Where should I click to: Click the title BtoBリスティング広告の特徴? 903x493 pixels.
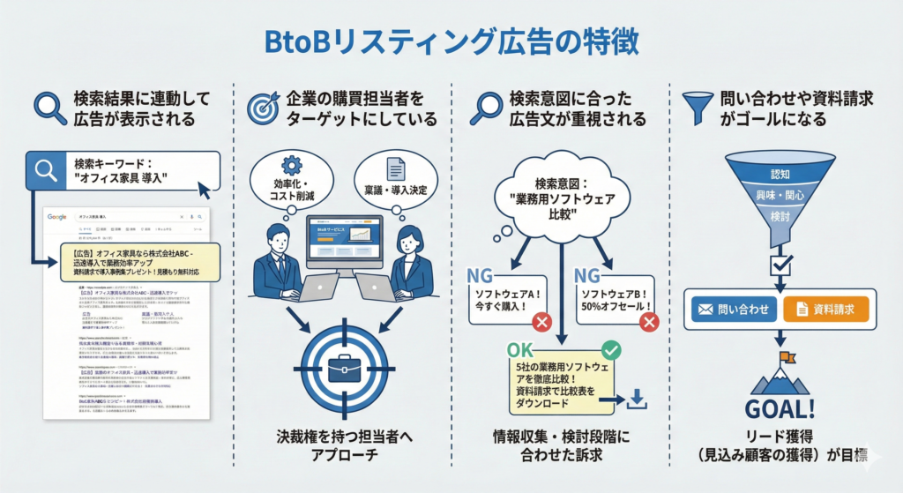(x=451, y=41)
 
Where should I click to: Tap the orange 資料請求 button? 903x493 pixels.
(x=825, y=309)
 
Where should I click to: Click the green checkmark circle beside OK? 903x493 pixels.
(x=609, y=350)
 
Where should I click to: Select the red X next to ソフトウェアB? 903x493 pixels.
(x=650, y=322)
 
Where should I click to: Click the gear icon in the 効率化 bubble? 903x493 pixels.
(x=292, y=165)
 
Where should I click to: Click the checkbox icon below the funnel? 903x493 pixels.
(x=780, y=263)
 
